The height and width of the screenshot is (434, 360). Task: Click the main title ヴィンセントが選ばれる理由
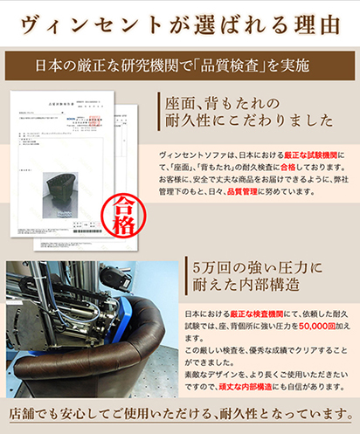pos(179,21)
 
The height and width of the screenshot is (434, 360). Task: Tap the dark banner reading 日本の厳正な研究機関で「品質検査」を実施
pos(179,65)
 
